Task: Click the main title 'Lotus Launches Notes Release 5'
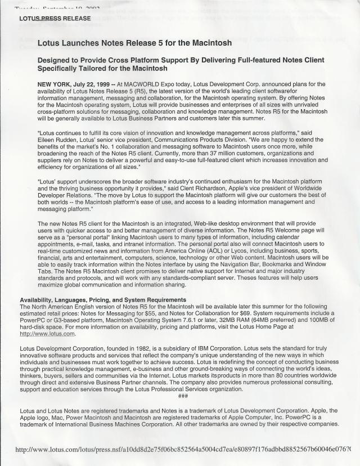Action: (134, 43)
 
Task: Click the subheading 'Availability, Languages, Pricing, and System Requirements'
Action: (103, 299)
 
